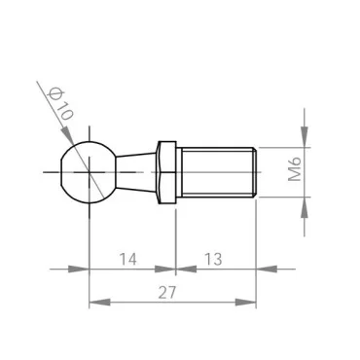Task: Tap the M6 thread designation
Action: coord(296,172)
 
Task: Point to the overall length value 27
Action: coord(171,290)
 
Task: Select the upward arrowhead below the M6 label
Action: coord(305,204)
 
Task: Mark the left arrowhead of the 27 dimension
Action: coord(94,303)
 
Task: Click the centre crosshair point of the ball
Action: coord(89,171)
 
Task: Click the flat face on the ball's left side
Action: coord(58,171)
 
